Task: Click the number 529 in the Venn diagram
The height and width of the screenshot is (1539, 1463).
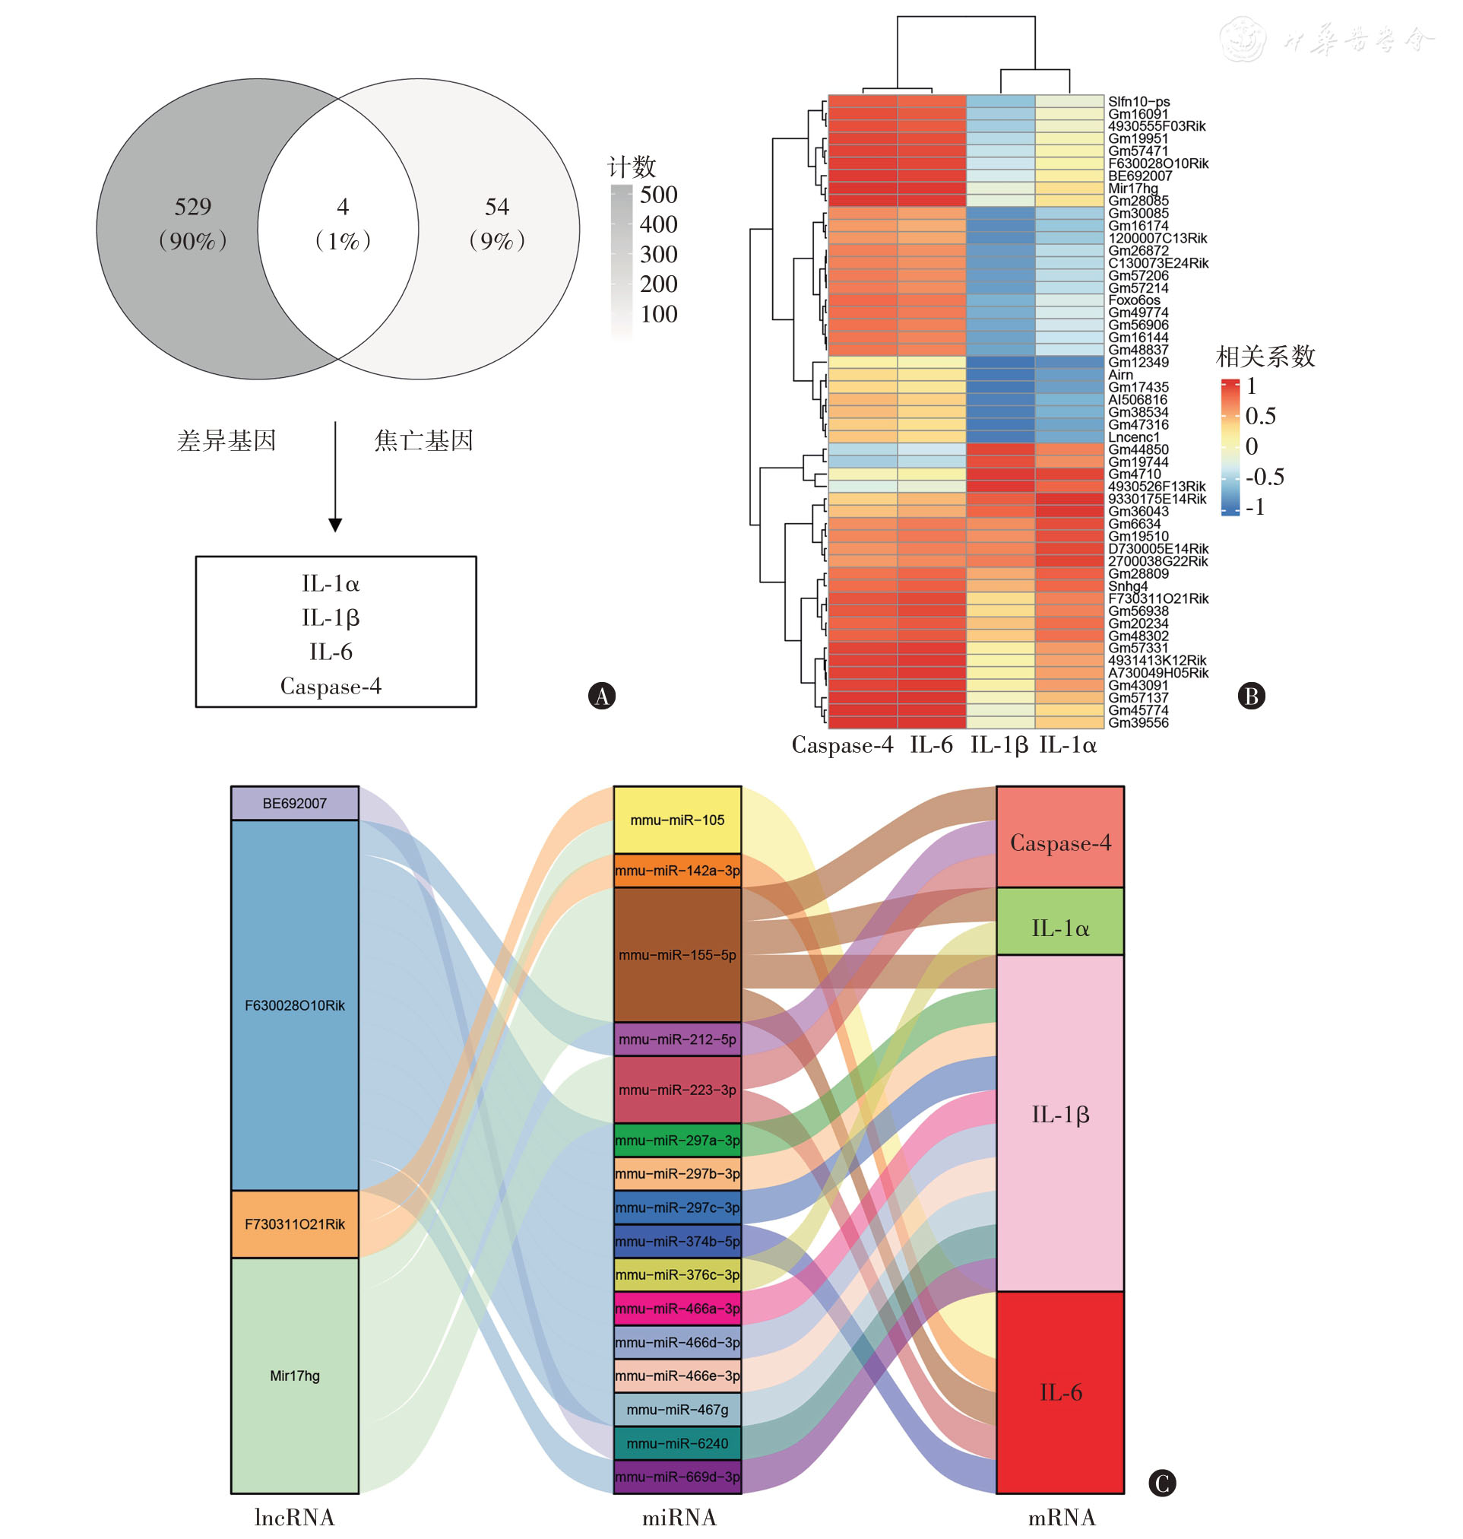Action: [x=192, y=207]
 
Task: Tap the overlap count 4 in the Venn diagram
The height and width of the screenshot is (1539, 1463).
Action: [x=342, y=207]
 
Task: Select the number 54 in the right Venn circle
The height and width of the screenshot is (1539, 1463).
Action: [x=497, y=207]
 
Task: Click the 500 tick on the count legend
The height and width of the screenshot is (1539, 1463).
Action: [x=658, y=194]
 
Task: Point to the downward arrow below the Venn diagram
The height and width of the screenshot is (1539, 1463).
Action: [x=335, y=477]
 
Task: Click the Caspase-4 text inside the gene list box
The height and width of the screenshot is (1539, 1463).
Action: [x=331, y=687]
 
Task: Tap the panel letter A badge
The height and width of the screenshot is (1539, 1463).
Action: [x=601, y=696]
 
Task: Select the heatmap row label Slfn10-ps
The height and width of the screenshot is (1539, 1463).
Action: [x=1138, y=101]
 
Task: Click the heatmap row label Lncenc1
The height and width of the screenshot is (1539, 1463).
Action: [x=1133, y=436]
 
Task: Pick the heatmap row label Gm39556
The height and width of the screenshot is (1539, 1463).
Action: [x=1138, y=722]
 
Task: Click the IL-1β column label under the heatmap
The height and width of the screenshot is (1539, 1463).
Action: [x=998, y=745]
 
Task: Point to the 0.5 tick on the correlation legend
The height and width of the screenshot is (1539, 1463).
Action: [x=1260, y=416]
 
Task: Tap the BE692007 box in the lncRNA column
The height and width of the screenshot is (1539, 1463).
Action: [x=295, y=804]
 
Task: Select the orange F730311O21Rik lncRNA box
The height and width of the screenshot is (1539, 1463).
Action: [x=295, y=1224]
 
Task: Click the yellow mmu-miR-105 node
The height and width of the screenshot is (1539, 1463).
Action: [x=677, y=820]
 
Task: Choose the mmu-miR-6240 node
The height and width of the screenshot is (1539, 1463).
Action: [x=677, y=1443]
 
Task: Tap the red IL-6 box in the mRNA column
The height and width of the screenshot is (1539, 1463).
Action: [x=1059, y=1392]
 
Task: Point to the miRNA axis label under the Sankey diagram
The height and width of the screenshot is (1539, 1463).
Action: [x=679, y=1517]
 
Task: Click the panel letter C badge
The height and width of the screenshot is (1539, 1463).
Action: [x=1162, y=1483]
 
